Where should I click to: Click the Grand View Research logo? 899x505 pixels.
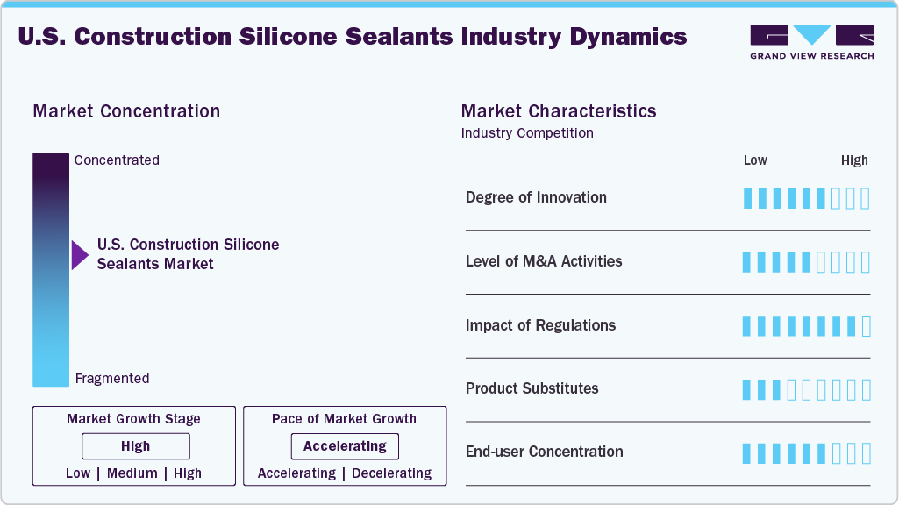pyautogui.click(x=811, y=41)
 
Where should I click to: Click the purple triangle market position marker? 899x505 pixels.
pyautogui.click(x=80, y=255)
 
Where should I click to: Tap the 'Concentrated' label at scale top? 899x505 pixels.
pyautogui.click(x=117, y=160)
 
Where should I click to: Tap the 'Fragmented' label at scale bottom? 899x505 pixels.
pyautogui.click(x=112, y=379)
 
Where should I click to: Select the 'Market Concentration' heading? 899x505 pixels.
pyautogui.click(x=126, y=111)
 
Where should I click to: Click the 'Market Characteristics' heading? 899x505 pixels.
pyautogui.click(x=558, y=111)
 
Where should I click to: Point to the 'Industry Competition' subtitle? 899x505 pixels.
pyautogui.click(x=527, y=133)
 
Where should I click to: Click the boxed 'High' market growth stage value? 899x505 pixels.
pyautogui.click(x=136, y=446)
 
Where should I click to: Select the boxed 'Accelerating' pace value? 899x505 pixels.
pyautogui.click(x=345, y=446)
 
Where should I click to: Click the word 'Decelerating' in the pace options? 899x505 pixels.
pyautogui.click(x=392, y=473)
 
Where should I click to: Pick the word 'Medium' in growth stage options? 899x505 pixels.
pyautogui.click(x=132, y=473)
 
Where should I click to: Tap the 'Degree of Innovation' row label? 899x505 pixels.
pyautogui.click(x=536, y=197)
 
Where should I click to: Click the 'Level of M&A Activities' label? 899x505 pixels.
pyautogui.click(x=544, y=261)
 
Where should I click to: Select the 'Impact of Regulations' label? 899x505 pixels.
pyautogui.click(x=540, y=325)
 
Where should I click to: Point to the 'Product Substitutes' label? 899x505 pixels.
pyautogui.click(x=532, y=388)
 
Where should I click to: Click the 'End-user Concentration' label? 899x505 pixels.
pyautogui.click(x=544, y=452)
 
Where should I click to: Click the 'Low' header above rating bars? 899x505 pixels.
pyautogui.click(x=755, y=160)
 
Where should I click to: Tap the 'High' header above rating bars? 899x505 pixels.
pyautogui.click(x=854, y=160)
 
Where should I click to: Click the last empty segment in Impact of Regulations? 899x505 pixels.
pyautogui.click(x=867, y=326)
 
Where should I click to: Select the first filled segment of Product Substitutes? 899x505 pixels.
pyautogui.click(x=747, y=389)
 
